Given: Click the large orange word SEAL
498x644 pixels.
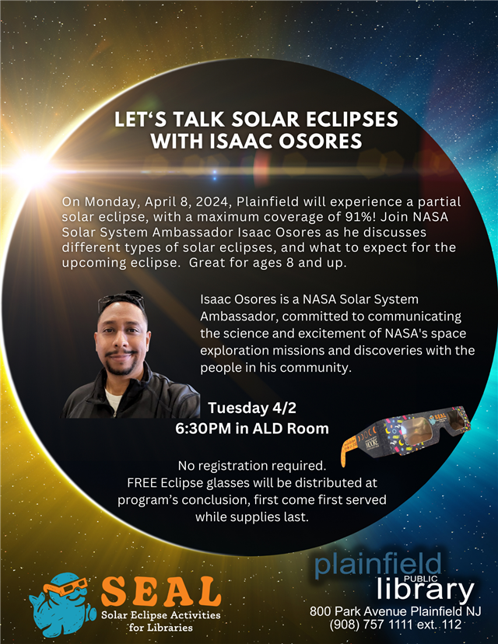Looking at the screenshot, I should point(161,593).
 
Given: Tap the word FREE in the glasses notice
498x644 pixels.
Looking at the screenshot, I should point(143,483).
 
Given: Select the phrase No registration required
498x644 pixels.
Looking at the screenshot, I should point(251,467).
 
